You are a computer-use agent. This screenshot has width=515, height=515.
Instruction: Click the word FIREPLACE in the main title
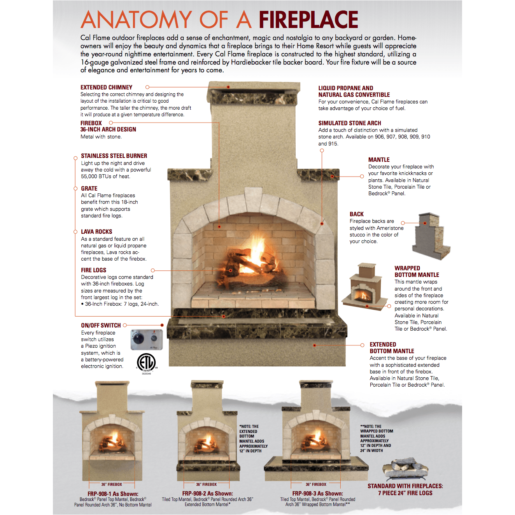click(308, 19)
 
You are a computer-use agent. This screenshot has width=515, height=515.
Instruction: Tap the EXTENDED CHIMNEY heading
click(106, 88)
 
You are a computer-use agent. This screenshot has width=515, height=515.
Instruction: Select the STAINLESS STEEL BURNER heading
click(114, 156)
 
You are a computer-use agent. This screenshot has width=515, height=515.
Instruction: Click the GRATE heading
click(89, 188)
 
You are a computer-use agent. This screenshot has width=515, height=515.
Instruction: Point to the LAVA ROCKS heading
click(96, 232)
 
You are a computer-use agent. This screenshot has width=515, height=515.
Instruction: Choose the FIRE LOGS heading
click(93, 270)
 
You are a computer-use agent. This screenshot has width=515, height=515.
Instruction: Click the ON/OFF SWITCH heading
click(101, 325)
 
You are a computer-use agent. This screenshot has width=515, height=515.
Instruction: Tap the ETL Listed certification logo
click(147, 363)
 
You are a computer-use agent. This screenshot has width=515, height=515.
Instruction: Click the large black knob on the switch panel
click(138, 339)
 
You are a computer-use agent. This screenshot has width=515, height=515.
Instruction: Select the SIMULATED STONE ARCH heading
click(350, 123)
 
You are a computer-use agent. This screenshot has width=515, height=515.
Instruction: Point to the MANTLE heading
click(379, 160)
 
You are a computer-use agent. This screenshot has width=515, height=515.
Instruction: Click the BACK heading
click(357, 214)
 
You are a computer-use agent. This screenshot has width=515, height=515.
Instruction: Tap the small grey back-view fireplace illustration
click(431, 236)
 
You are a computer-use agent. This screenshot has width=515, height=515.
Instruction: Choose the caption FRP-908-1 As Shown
click(113, 494)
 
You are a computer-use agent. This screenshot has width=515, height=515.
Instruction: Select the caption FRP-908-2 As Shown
click(207, 493)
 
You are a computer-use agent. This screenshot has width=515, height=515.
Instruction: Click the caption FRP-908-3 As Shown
click(317, 493)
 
